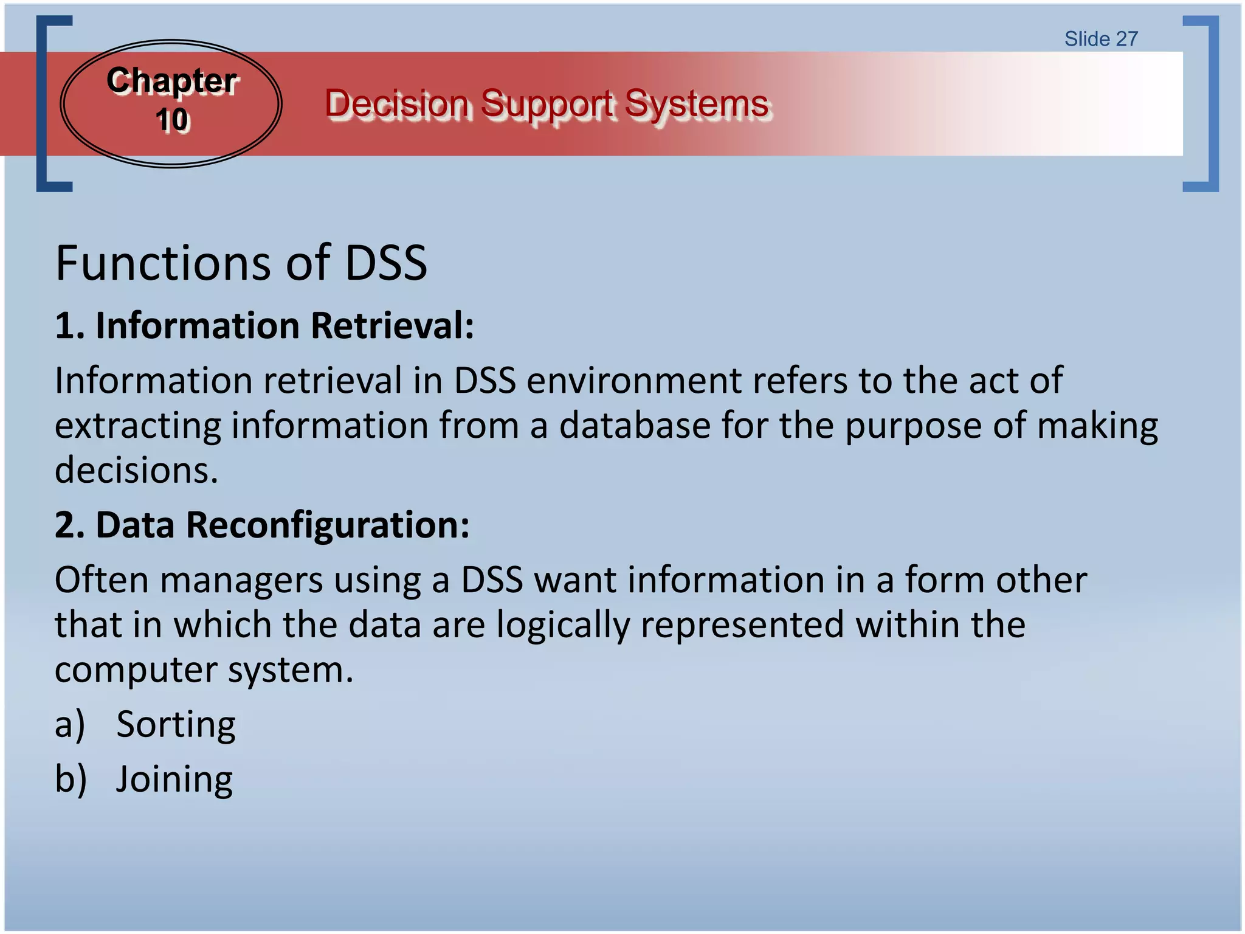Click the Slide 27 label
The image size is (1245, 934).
[1100, 39]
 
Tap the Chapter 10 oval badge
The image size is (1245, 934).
[171, 103]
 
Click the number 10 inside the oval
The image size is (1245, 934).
[173, 120]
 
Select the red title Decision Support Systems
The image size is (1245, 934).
[547, 103]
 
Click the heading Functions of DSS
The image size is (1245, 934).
[241, 263]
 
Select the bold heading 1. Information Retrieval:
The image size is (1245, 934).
[264, 326]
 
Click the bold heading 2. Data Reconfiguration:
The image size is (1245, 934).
[262, 525]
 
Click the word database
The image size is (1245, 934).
[634, 426]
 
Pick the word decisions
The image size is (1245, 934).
[136, 471]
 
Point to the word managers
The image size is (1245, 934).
[241, 580]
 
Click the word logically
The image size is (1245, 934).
[563, 625]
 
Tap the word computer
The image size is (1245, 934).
[136, 670]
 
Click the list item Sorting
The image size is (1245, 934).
[176, 724]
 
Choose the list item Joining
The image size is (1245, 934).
[174, 779]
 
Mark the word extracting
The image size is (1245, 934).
[138, 426]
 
